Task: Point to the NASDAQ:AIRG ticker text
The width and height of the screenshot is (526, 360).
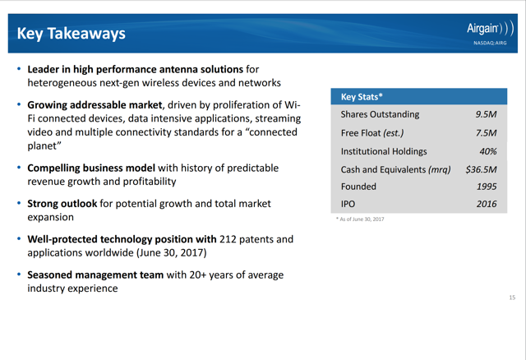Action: coord(490,44)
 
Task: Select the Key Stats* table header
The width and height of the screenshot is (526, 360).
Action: coord(362,97)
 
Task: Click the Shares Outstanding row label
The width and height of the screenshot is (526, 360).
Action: coord(380,114)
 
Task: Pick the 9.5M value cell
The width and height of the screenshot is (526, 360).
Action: coord(486,114)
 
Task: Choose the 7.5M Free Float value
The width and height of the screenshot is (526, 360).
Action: coord(486,132)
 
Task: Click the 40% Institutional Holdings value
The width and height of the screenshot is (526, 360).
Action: coord(488,150)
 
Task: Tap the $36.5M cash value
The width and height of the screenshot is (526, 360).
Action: coord(481,168)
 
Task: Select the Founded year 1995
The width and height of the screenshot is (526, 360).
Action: coord(487,187)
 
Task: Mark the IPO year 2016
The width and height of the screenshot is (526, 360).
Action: coord(487,204)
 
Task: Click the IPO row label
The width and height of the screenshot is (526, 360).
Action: coord(348,204)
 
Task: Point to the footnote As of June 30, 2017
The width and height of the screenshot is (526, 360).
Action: coord(359,219)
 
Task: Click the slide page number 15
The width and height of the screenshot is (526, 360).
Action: coord(511,297)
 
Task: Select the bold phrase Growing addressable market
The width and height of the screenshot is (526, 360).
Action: coord(95,105)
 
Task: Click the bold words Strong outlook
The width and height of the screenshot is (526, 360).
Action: coord(62,203)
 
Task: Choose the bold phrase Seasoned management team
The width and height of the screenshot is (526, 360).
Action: coord(95,275)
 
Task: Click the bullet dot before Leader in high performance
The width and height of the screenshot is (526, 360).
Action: coord(18,70)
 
